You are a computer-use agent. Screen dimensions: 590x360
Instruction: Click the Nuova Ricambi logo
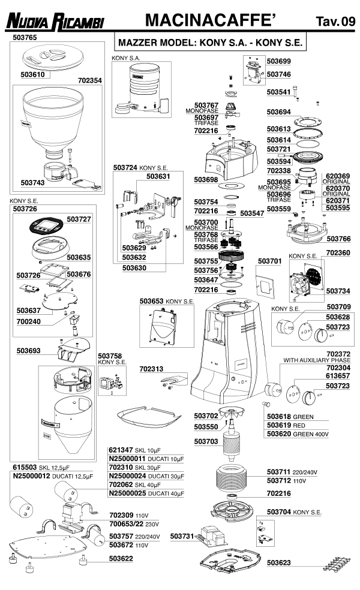click(x=55, y=22)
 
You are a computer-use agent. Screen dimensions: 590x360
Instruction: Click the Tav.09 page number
click(x=335, y=22)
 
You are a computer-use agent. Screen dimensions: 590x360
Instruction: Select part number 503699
click(x=278, y=61)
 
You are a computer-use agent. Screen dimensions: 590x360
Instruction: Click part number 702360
click(x=338, y=253)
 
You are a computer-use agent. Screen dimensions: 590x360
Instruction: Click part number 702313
click(x=152, y=369)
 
